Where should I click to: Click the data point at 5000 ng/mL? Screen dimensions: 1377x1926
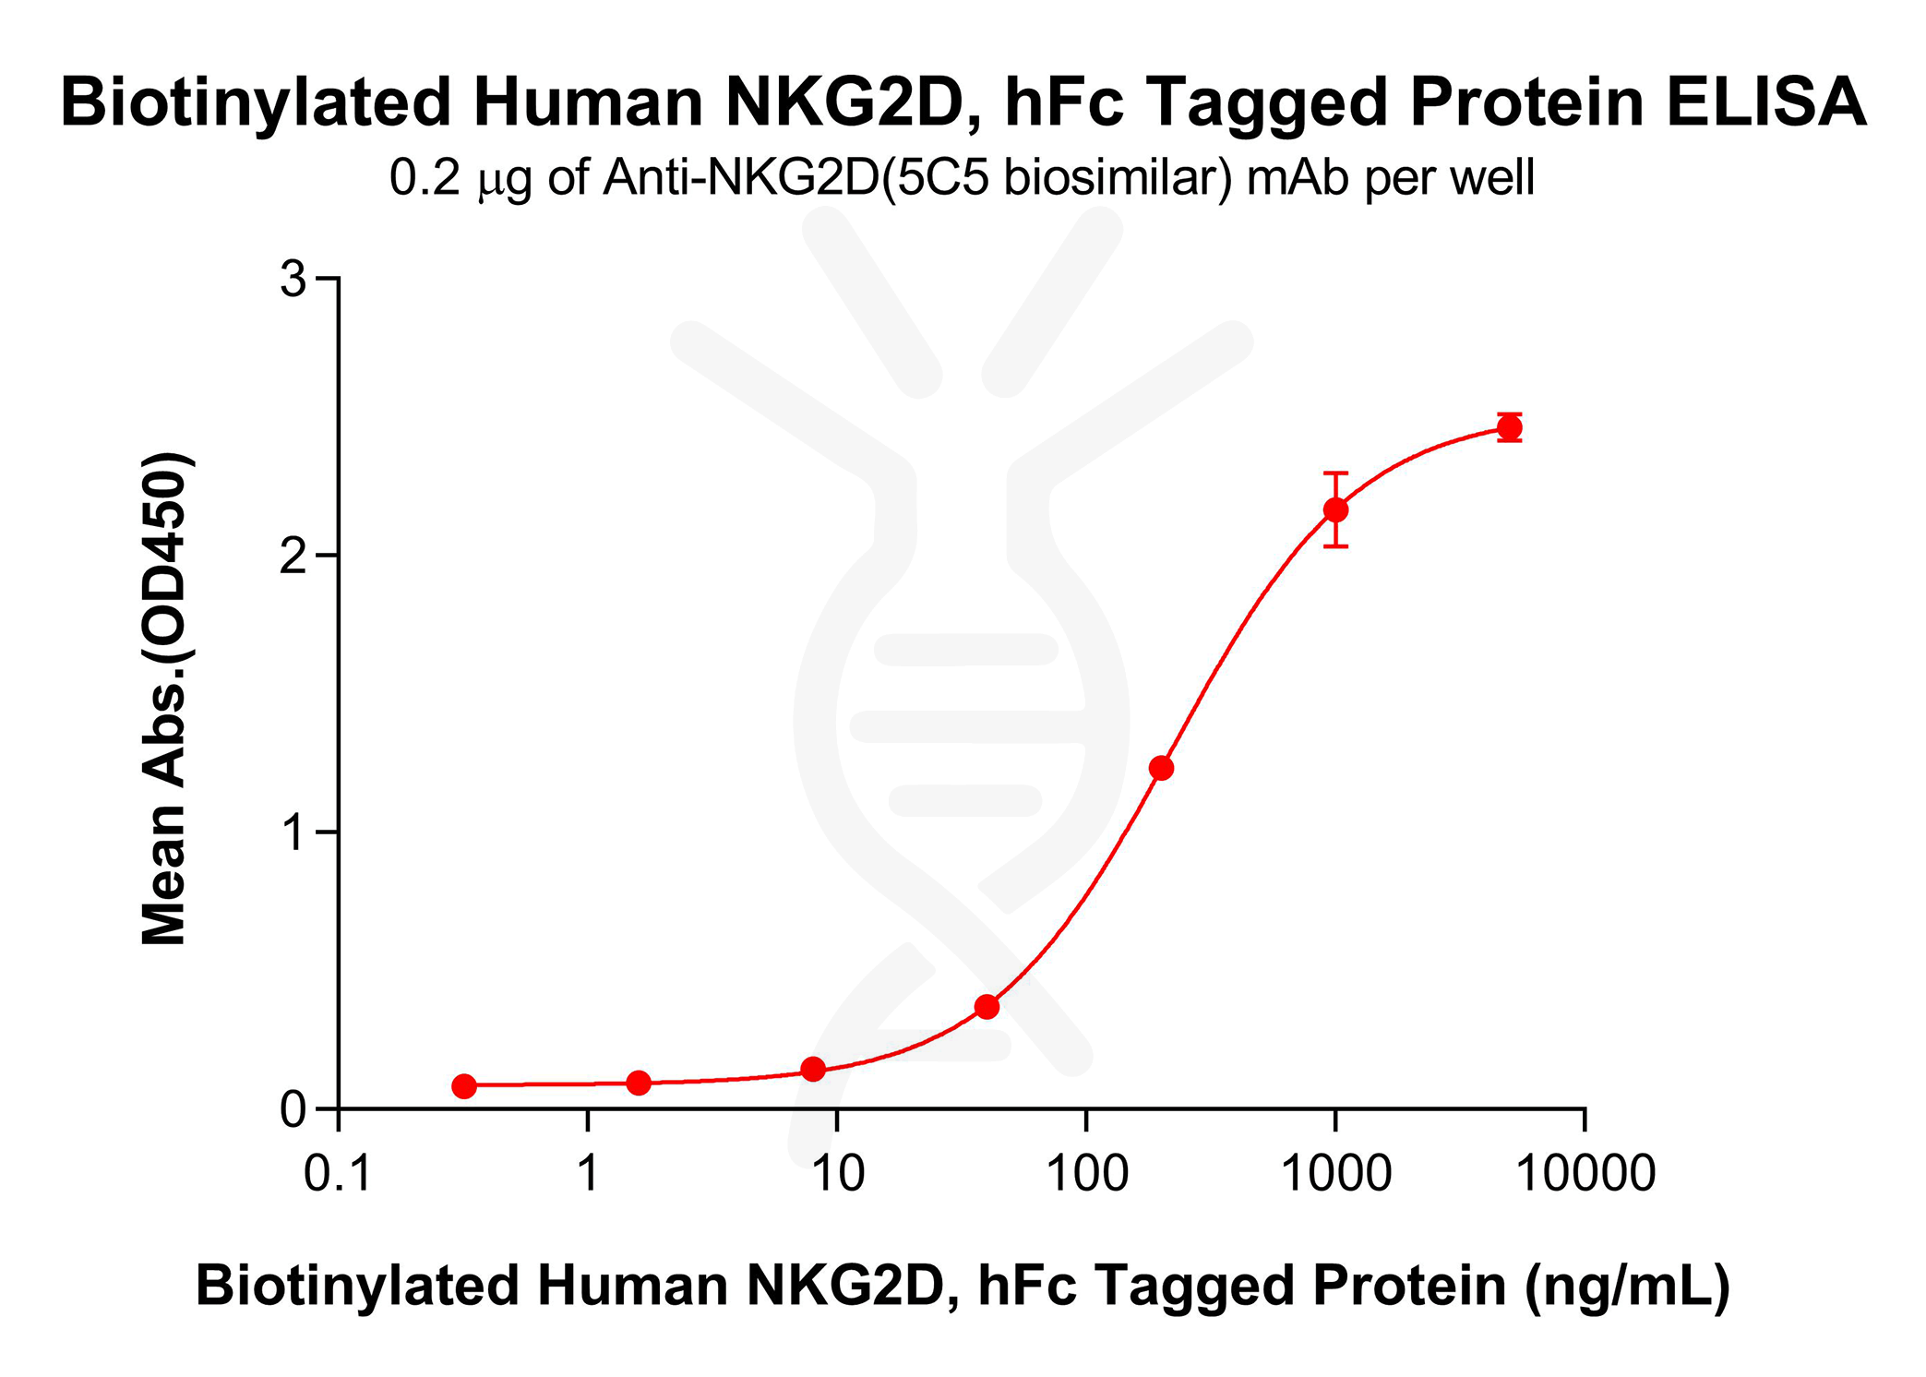pyautogui.click(x=1509, y=427)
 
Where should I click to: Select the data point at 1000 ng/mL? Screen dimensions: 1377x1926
pyautogui.click(x=1335, y=509)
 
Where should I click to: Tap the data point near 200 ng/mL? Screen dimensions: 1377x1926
pyautogui.click(x=1161, y=768)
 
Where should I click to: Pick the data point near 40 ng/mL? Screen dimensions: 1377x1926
pyautogui.click(x=987, y=1006)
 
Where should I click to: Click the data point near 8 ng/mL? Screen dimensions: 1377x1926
pyautogui.click(x=813, y=1069)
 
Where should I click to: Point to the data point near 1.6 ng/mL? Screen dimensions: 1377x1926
pyautogui.click(x=639, y=1083)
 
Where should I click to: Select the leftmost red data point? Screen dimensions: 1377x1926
pyautogui.click(x=464, y=1086)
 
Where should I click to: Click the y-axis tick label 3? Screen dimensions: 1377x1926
pyautogui.click(x=293, y=279)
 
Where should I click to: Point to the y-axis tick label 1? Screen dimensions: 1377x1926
pyautogui.click(x=293, y=833)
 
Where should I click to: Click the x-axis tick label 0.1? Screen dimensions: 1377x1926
pyautogui.click(x=338, y=1174)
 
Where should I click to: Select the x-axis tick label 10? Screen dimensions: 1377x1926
pyautogui.click(x=837, y=1174)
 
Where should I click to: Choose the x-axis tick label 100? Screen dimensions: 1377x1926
pyautogui.click(x=1086, y=1174)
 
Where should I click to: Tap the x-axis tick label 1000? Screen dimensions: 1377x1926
pyautogui.click(x=1335, y=1174)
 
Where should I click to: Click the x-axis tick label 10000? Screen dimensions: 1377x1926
pyautogui.click(x=1585, y=1174)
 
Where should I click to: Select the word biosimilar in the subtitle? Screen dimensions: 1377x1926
pyautogui.click(x=1117, y=178)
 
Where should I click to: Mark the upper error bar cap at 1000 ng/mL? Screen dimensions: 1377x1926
pyautogui.click(x=1335, y=473)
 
